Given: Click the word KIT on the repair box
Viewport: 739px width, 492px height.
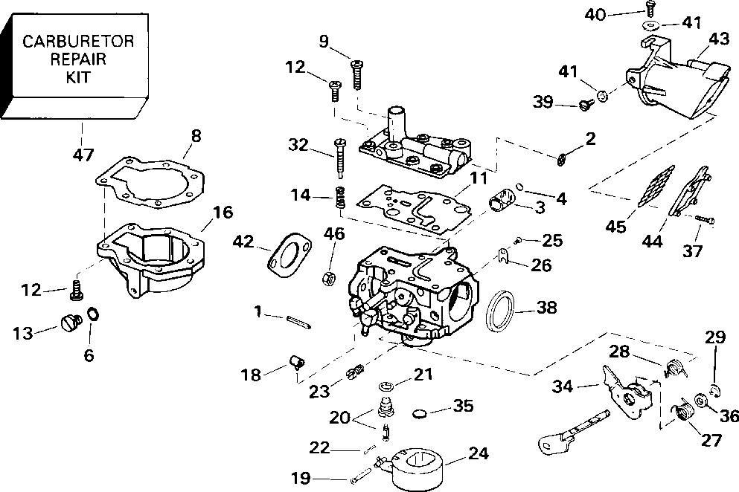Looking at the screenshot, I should coord(77,77).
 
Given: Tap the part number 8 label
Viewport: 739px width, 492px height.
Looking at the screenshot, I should coord(196,135).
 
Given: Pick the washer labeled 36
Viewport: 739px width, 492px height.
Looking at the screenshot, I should coord(700,402).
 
